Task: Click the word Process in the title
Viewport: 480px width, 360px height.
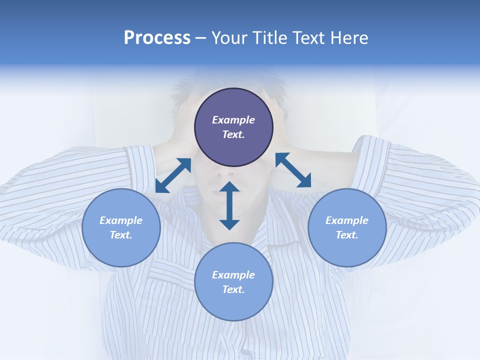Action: (157, 38)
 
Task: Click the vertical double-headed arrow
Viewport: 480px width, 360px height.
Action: (229, 205)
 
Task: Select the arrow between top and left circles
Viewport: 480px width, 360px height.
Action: (173, 175)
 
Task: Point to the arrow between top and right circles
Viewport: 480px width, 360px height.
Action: (293, 170)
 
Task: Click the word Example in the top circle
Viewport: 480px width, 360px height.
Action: (233, 120)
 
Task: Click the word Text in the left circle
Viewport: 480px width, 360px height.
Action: (121, 235)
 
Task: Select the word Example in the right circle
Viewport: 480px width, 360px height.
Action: (347, 220)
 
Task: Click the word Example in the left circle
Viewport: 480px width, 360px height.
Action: (121, 220)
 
